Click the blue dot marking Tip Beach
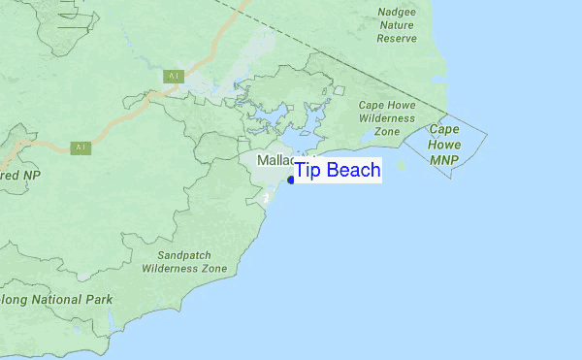coord(291,180)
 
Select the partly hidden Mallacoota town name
coord(275,159)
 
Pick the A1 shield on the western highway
coord(81,147)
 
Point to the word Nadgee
coord(397,13)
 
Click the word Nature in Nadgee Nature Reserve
coord(397,25)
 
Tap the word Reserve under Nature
coord(397,38)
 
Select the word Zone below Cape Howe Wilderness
coord(387,130)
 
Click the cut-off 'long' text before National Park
coord(14,300)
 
